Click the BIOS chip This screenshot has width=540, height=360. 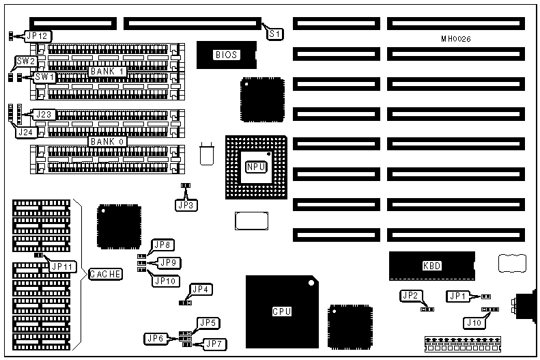[x=226, y=55]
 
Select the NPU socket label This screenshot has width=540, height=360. [x=256, y=166]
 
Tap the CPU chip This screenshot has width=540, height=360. [x=281, y=311]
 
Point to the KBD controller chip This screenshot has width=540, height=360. [x=431, y=265]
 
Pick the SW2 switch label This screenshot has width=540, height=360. [x=26, y=61]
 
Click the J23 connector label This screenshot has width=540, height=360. [x=44, y=114]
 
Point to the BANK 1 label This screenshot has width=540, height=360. [x=106, y=71]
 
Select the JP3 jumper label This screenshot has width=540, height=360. [x=185, y=204]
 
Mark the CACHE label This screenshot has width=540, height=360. [x=105, y=274]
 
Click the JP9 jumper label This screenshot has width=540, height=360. [x=169, y=262]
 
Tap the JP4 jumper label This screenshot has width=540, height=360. [x=203, y=289]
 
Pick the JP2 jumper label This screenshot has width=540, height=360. [x=410, y=296]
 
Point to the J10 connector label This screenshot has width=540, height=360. [x=472, y=322]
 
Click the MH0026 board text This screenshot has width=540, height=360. [x=456, y=39]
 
